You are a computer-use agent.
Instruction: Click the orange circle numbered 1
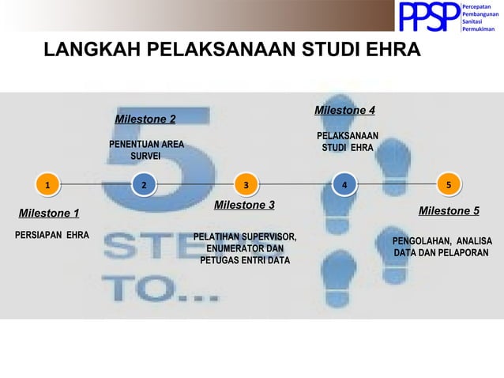click(47, 185)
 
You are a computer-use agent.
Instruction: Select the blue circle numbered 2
click(143, 185)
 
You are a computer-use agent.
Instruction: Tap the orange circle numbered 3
click(246, 185)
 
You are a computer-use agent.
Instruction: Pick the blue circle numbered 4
click(343, 184)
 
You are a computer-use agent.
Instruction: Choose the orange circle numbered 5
click(448, 184)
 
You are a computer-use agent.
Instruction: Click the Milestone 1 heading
click(49, 213)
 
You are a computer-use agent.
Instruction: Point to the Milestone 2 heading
click(145, 119)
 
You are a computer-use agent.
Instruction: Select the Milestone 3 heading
click(244, 205)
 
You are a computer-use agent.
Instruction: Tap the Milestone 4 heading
click(344, 110)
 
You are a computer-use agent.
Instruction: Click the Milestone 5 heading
click(449, 210)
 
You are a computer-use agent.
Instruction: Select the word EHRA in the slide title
click(392, 51)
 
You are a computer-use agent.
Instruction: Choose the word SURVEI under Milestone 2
click(145, 157)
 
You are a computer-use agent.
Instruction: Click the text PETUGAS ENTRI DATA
click(245, 260)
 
